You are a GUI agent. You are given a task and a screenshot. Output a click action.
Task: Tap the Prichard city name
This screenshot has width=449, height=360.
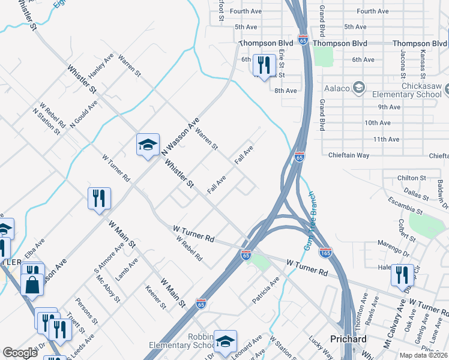[x=348, y=339]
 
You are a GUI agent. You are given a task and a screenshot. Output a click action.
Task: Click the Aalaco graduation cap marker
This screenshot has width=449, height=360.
[x=358, y=88]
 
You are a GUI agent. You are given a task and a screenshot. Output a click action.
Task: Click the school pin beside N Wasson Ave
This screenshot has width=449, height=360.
[x=148, y=145]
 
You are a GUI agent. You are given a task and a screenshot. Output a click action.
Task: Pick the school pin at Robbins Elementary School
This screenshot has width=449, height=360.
[x=225, y=341]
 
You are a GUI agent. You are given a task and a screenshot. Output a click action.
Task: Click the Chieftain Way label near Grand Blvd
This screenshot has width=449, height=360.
[x=349, y=155]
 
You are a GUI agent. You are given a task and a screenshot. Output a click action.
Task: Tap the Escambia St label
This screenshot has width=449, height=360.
[x=405, y=205]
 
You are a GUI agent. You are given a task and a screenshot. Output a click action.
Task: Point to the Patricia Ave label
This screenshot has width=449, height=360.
[x=266, y=289]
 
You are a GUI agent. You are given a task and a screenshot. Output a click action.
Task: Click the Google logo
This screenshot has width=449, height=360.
[x=20, y=353]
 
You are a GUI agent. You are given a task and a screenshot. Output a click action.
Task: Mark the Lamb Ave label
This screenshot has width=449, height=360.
[x=127, y=269]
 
